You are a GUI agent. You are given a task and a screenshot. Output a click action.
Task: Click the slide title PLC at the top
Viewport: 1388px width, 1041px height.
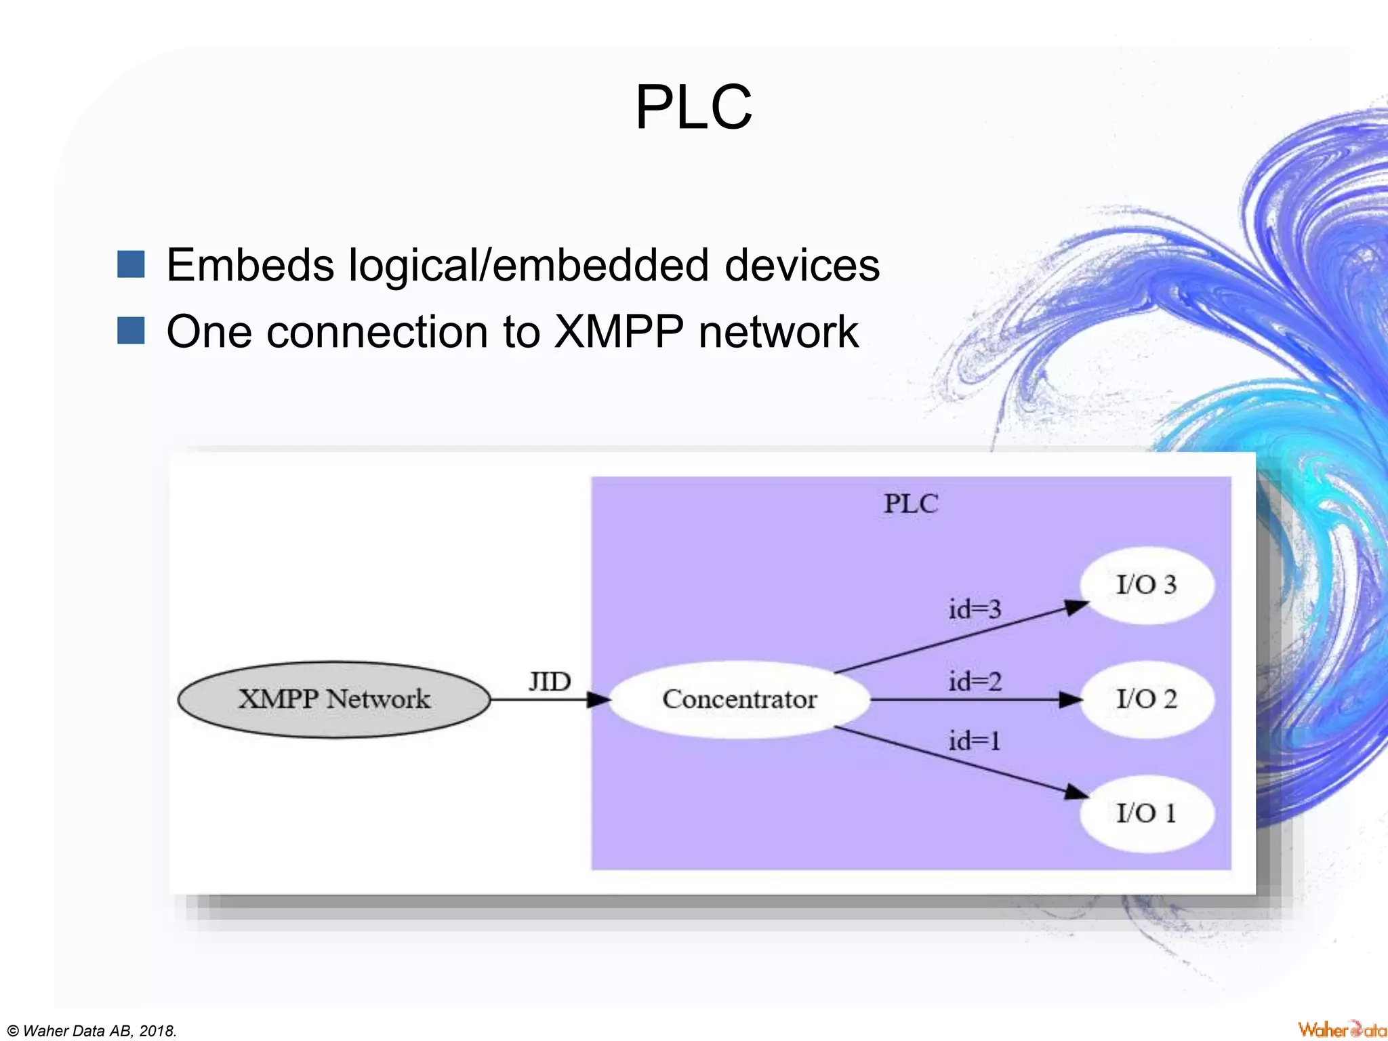pyautogui.click(x=693, y=107)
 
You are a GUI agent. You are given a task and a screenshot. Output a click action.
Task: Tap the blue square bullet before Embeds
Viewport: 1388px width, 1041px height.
pyautogui.click(x=131, y=264)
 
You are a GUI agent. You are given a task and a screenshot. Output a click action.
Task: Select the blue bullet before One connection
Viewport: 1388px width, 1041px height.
pyautogui.click(x=131, y=331)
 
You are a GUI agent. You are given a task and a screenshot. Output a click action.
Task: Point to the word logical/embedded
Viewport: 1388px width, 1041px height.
pyautogui.click(x=529, y=265)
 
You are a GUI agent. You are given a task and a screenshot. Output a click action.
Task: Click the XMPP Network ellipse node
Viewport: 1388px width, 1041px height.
pyautogui.click(x=333, y=699)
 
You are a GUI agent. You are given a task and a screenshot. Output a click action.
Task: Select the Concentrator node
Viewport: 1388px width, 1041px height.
pyautogui.click(x=739, y=699)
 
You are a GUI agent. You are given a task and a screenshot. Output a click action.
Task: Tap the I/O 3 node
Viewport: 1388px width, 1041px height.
pyautogui.click(x=1146, y=585)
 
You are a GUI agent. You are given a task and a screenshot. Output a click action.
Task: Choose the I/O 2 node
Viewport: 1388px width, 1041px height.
pyautogui.click(x=1146, y=699)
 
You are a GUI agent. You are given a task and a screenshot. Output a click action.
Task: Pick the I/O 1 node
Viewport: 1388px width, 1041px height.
pyautogui.click(x=1146, y=813)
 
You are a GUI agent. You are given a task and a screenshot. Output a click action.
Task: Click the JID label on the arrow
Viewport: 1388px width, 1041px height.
pyautogui.click(x=550, y=682)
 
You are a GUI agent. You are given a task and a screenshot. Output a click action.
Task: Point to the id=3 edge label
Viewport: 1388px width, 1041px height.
pyautogui.click(x=975, y=609)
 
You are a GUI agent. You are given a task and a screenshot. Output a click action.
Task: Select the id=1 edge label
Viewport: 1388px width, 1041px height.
pyautogui.click(x=975, y=741)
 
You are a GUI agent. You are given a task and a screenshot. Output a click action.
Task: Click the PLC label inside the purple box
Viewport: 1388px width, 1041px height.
pyautogui.click(x=911, y=504)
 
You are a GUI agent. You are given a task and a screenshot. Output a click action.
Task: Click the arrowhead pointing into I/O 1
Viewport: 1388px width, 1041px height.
pyautogui.click(x=1075, y=792)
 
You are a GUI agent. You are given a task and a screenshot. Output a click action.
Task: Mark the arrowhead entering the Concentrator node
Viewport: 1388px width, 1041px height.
pyautogui.click(x=598, y=699)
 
